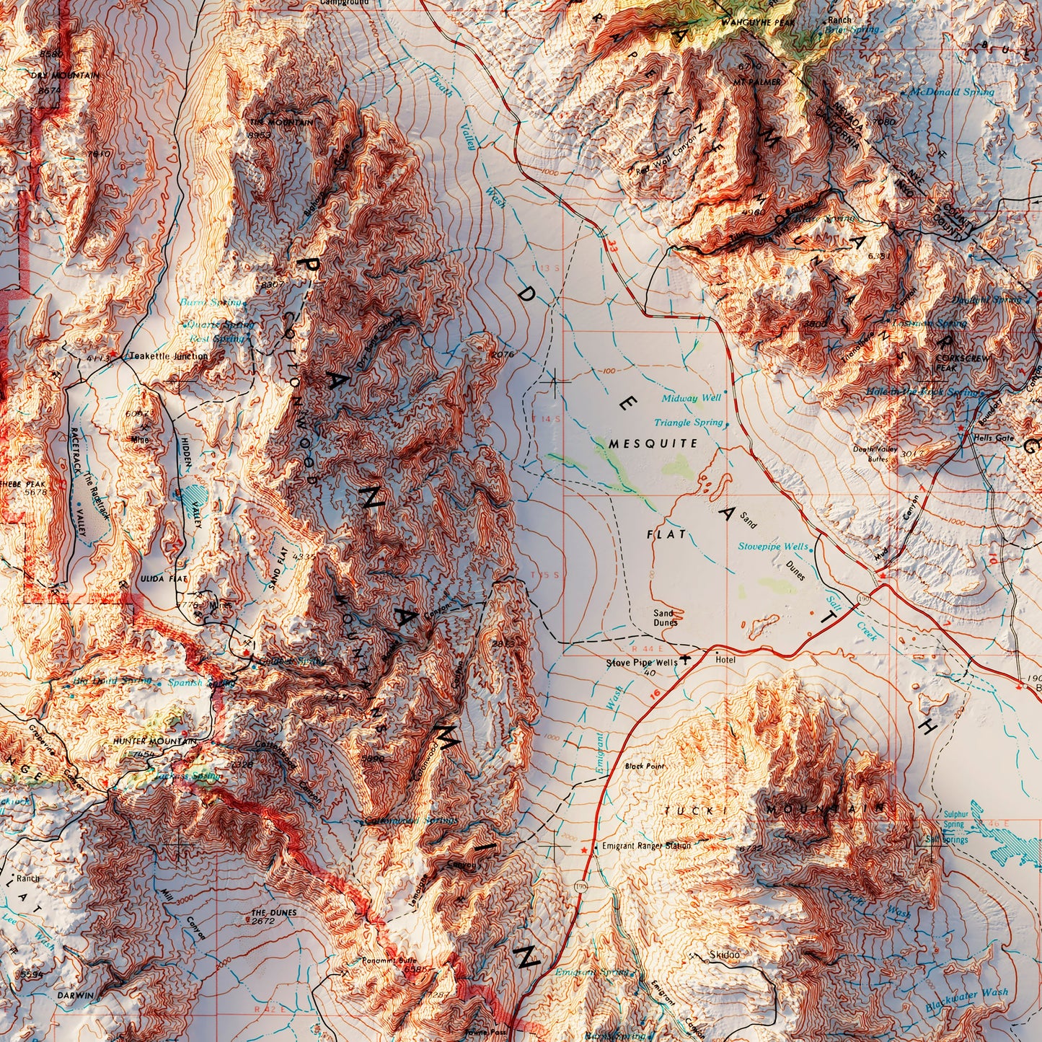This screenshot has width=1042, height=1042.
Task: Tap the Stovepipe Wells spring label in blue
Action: [772, 547]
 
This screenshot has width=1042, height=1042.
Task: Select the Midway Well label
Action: [691, 398]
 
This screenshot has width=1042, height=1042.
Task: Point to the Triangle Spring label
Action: [688, 423]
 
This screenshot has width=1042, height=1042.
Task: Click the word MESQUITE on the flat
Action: [653, 443]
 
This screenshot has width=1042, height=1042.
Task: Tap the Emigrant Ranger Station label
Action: [646, 846]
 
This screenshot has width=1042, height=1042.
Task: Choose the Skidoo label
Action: [724, 955]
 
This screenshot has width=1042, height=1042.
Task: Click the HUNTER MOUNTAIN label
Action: [154, 741]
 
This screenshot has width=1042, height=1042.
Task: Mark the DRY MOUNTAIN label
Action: [65, 75]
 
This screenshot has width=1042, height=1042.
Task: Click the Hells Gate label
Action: [993, 438]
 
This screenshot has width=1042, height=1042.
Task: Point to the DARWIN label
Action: [75, 995]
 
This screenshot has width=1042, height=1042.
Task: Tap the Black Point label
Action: [645, 766]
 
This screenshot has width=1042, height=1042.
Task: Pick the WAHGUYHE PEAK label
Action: [763, 23]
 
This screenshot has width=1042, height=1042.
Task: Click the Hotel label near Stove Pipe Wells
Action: [725, 660]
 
